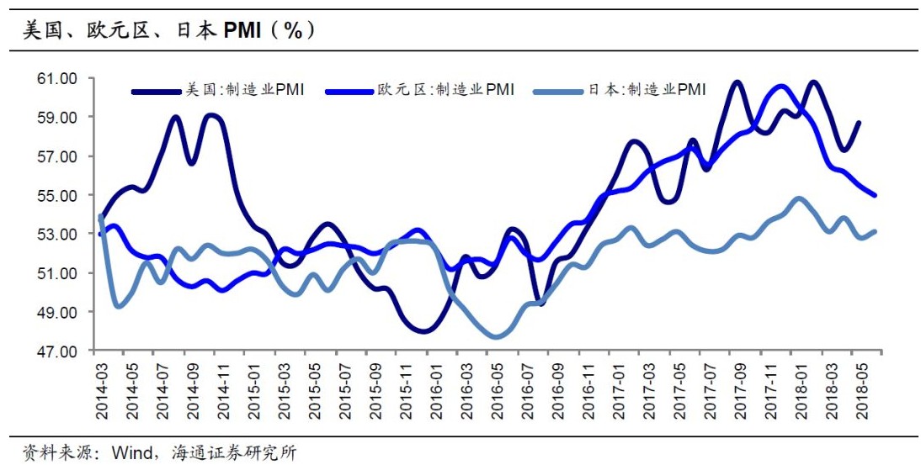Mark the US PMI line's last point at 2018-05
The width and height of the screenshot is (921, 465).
pos(859,123)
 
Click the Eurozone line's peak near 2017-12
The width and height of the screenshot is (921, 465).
pos(780,87)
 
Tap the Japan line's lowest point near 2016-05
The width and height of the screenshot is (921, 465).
pos(497,336)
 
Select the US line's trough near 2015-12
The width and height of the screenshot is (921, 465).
pos(423,330)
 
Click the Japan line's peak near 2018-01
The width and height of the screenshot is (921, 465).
pos(799,199)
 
